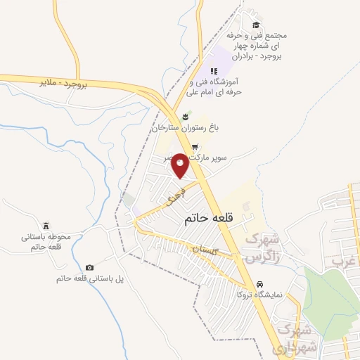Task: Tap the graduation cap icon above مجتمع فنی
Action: (x=255, y=25)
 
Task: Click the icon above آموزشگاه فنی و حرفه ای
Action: (x=214, y=71)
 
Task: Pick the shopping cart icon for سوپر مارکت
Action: (x=195, y=147)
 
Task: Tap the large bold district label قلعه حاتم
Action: (x=207, y=219)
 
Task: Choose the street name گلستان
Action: (x=207, y=250)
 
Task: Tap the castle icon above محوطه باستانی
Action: (x=46, y=225)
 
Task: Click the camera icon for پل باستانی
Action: (x=89, y=267)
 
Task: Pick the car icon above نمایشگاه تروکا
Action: (x=260, y=283)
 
